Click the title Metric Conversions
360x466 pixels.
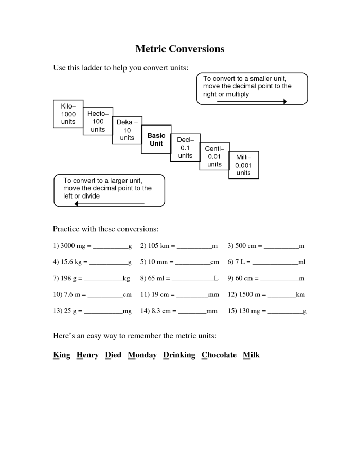click(x=179, y=49)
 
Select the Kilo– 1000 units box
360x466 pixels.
click(x=68, y=114)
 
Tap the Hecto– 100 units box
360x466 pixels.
click(x=98, y=121)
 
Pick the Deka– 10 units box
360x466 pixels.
click(x=127, y=130)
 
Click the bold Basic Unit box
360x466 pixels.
click(x=156, y=139)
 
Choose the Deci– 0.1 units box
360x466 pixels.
click(x=185, y=148)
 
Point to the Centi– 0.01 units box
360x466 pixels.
click(x=214, y=156)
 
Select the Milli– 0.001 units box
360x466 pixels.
click(x=243, y=165)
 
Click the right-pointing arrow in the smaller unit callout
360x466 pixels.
click(x=251, y=102)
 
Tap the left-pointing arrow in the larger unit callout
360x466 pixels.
click(x=110, y=204)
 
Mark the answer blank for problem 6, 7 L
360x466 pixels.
click(x=275, y=263)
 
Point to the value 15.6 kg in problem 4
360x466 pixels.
click(x=73, y=262)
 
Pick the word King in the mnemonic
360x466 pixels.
click(x=61, y=355)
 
